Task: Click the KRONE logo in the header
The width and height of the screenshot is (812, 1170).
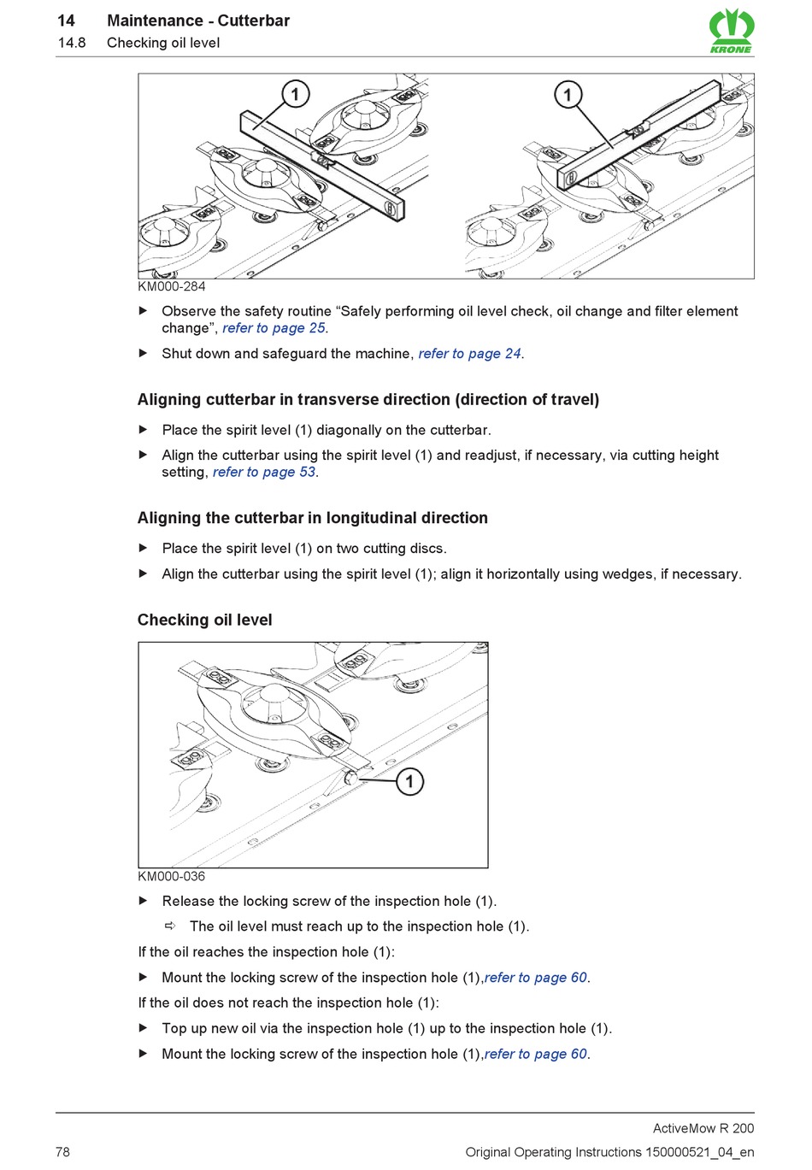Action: click(x=731, y=31)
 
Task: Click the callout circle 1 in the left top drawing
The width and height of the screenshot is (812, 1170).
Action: click(x=295, y=94)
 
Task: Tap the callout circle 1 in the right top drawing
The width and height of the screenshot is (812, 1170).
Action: click(x=568, y=94)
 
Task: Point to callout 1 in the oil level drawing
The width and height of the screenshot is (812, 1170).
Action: click(x=409, y=781)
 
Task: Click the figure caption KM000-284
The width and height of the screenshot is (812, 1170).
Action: click(x=172, y=286)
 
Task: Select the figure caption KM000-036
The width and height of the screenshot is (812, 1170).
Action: click(x=172, y=876)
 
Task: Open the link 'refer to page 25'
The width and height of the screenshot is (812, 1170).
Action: click(x=274, y=328)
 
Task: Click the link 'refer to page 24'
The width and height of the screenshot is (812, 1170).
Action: click(x=469, y=354)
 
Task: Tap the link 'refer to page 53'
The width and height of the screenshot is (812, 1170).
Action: click(x=264, y=472)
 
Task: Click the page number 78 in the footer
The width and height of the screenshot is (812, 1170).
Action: click(x=63, y=1152)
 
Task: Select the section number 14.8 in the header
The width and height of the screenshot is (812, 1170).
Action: click(x=72, y=43)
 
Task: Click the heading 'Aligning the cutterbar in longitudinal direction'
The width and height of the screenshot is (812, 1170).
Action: click(x=313, y=518)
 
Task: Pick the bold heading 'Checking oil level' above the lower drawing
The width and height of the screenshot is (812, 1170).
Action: click(x=205, y=620)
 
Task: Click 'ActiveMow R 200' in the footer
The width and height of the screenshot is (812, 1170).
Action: click(x=703, y=1128)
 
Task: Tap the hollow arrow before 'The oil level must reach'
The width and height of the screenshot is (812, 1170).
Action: click(x=170, y=926)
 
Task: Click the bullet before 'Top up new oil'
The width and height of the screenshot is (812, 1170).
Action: click(x=144, y=1028)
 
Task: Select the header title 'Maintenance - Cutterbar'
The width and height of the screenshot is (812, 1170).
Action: click(x=198, y=21)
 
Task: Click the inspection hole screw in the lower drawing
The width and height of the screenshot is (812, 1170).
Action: click(x=350, y=778)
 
